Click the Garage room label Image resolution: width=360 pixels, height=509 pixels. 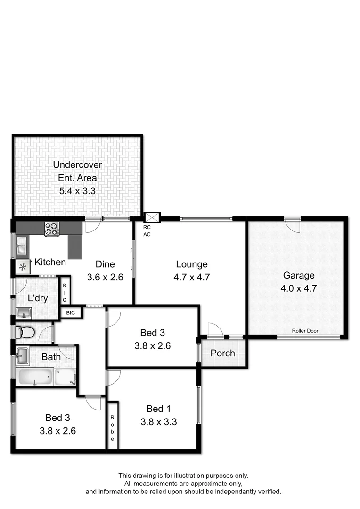tap(298, 276)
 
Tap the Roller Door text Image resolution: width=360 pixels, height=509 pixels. tap(305, 331)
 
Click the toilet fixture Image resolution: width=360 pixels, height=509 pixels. tap(24, 333)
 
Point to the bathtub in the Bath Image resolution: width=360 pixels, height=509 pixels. tap(35, 377)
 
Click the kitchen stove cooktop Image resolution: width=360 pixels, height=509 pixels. tap(51, 229)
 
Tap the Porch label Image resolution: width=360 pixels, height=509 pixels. tap(222, 353)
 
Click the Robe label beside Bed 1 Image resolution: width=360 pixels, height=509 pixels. tap(113, 428)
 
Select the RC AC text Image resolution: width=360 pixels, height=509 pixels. tap(147, 230)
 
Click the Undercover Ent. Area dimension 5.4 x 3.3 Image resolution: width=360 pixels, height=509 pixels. tap(77, 191)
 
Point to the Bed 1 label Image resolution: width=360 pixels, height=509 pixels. tap(158, 409)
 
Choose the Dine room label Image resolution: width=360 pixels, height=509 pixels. tap(105, 264)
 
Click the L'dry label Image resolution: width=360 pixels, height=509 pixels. tap(38, 298)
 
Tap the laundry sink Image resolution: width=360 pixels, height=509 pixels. tap(24, 312)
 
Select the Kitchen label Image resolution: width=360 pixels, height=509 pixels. tap(50, 262)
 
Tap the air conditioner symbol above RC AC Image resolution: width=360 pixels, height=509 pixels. tap(152, 218)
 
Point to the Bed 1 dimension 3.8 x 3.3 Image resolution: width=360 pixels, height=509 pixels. tap(158, 422)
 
